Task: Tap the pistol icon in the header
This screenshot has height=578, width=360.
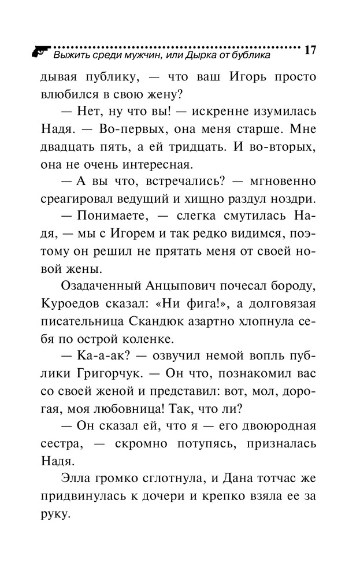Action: pyautogui.click(x=39, y=50)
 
